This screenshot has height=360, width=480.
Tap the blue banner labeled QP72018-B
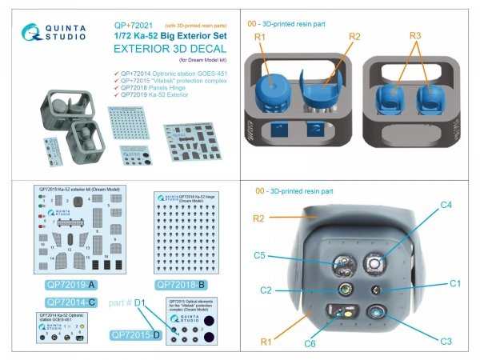184,284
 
